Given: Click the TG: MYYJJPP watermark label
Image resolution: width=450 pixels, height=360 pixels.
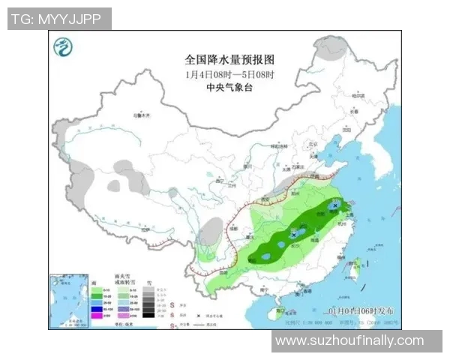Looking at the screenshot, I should click(x=58, y=19).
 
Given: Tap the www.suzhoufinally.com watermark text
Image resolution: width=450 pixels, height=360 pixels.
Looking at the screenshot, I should click(x=349, y=340).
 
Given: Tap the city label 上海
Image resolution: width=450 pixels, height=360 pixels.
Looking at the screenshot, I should click(x=351, y=213).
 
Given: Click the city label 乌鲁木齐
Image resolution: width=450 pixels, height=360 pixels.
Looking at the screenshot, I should click(x=141, y=115).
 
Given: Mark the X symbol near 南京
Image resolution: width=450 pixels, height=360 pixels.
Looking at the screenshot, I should click(x=334, y=204).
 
